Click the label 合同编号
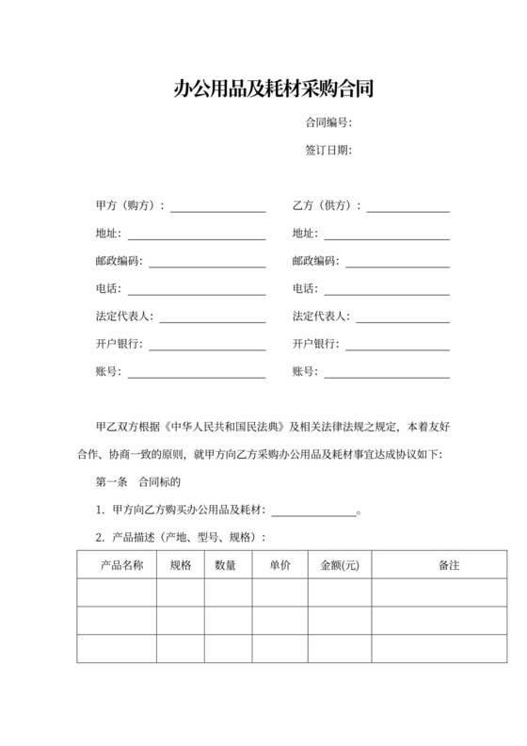coord(327,122)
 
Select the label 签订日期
coord(327,150)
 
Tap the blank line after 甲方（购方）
coord(217,206)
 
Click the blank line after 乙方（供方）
coord(407,206)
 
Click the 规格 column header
coord(181,565)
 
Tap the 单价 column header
coord(279,565)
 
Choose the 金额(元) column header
coord(340,565)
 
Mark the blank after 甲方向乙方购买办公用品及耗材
coord(314,511)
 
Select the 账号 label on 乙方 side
coord(304,371)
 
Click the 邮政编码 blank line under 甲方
coord(207,262)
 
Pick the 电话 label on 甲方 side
coord(107,289)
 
